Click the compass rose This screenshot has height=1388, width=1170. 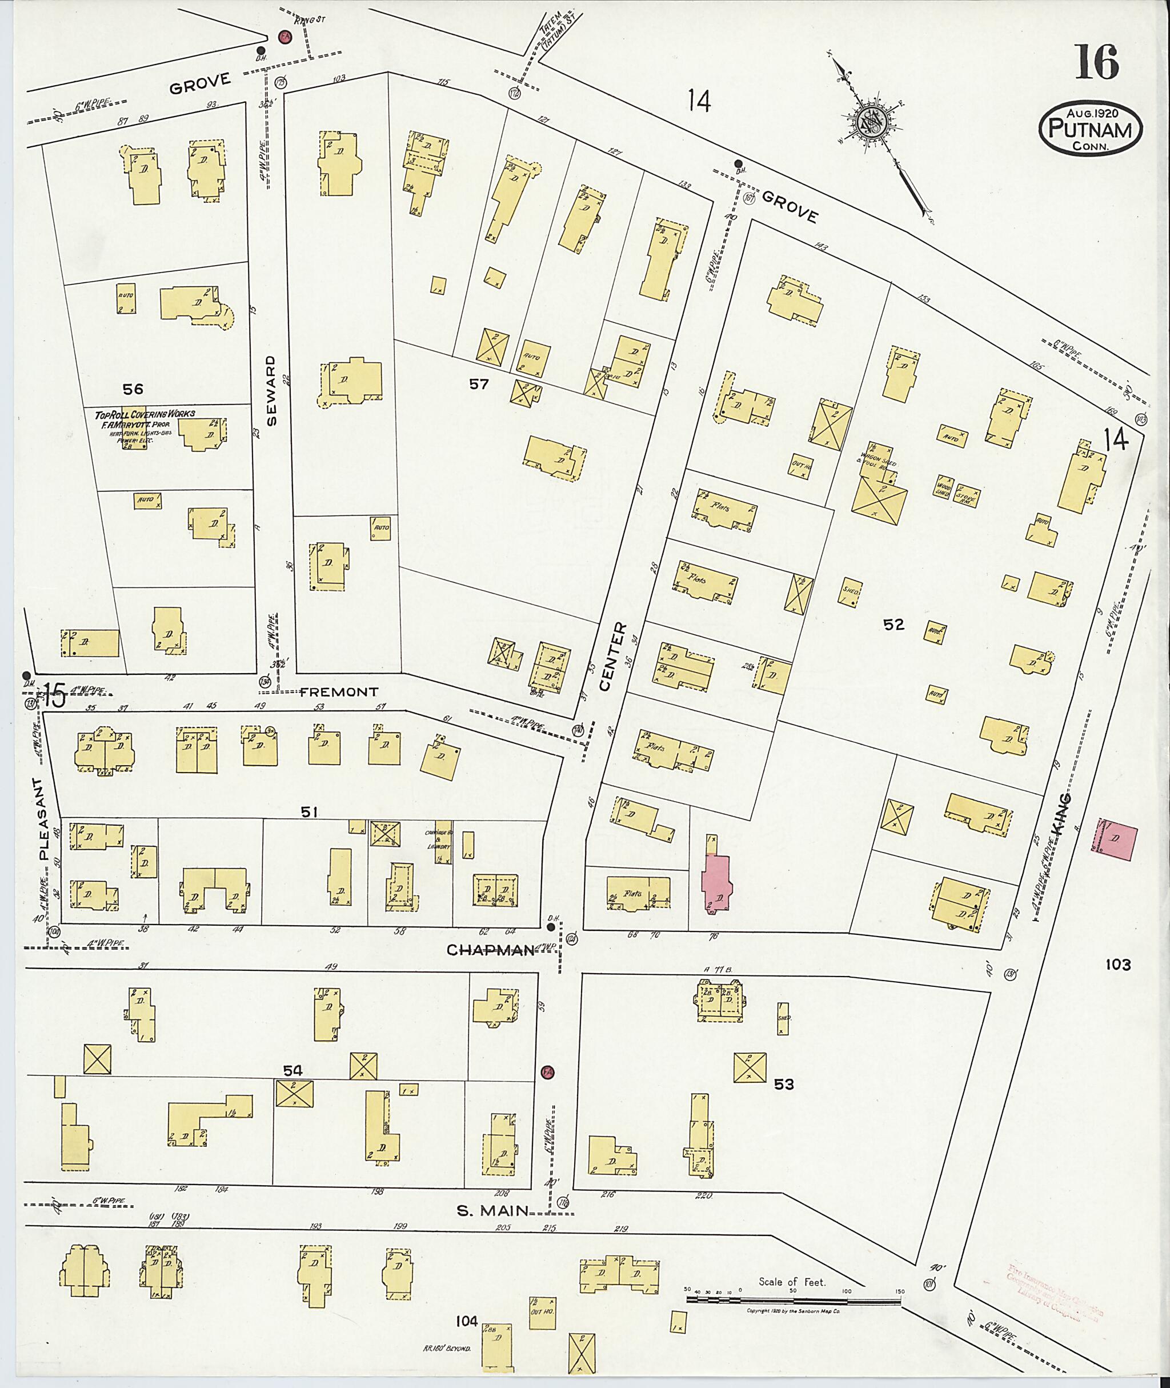[868, 123]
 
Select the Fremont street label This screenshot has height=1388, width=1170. [338, 692]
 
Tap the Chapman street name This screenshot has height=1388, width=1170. [490, 951]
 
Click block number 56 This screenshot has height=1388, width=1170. [132, 389]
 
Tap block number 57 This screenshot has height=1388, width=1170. [479, 383]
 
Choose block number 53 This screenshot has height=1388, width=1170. [783, 1084]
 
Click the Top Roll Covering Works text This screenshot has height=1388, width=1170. [145, 413]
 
